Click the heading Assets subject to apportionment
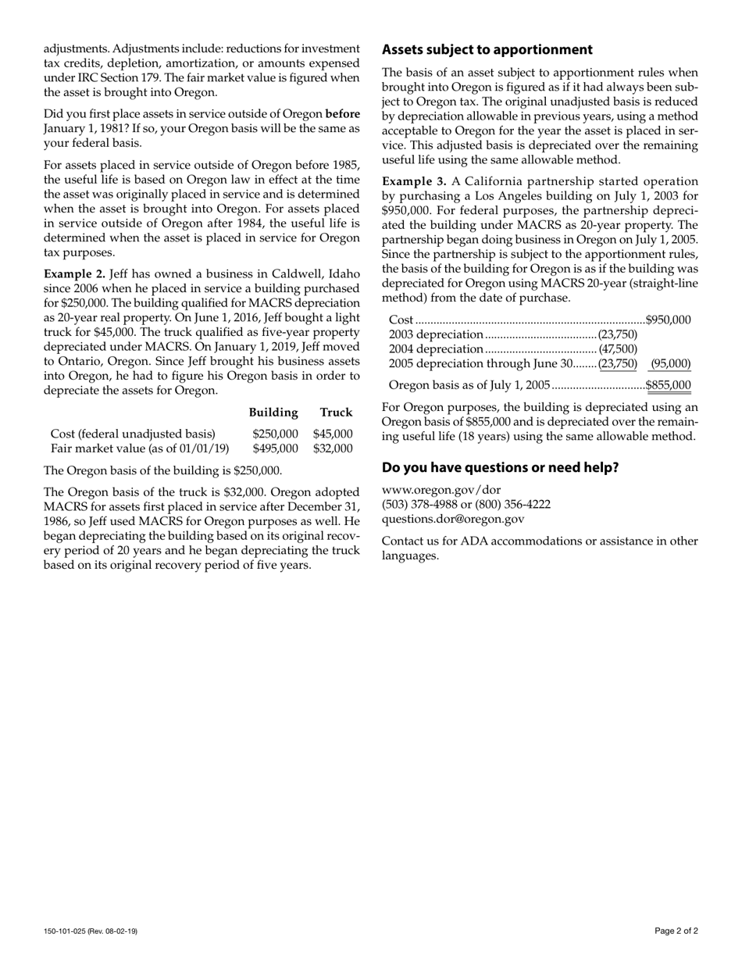pyautogui.click(x=487, y=50)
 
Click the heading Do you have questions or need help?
pyautogui.click(x=500, y=468)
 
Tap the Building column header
pyautogui.click(x=273, y=413)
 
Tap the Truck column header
pyautogui.click(x=336, y=413)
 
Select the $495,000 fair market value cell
pyautogui.click(x=275, y=448)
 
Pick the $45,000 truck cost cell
pyautogui.click(x=333, y=434)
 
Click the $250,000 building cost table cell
pyautogui.click(x=275, y=434)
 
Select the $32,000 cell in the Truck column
pyautogui.click(x=333, y=448)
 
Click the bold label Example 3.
pyautogui.click(x=414, y=181)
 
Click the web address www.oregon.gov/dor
pyautogui.click(x=441, y=490)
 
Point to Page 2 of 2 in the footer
pyautogui.click(x=676, y=931)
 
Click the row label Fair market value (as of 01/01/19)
pyautogui.click(x=140, y=448)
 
